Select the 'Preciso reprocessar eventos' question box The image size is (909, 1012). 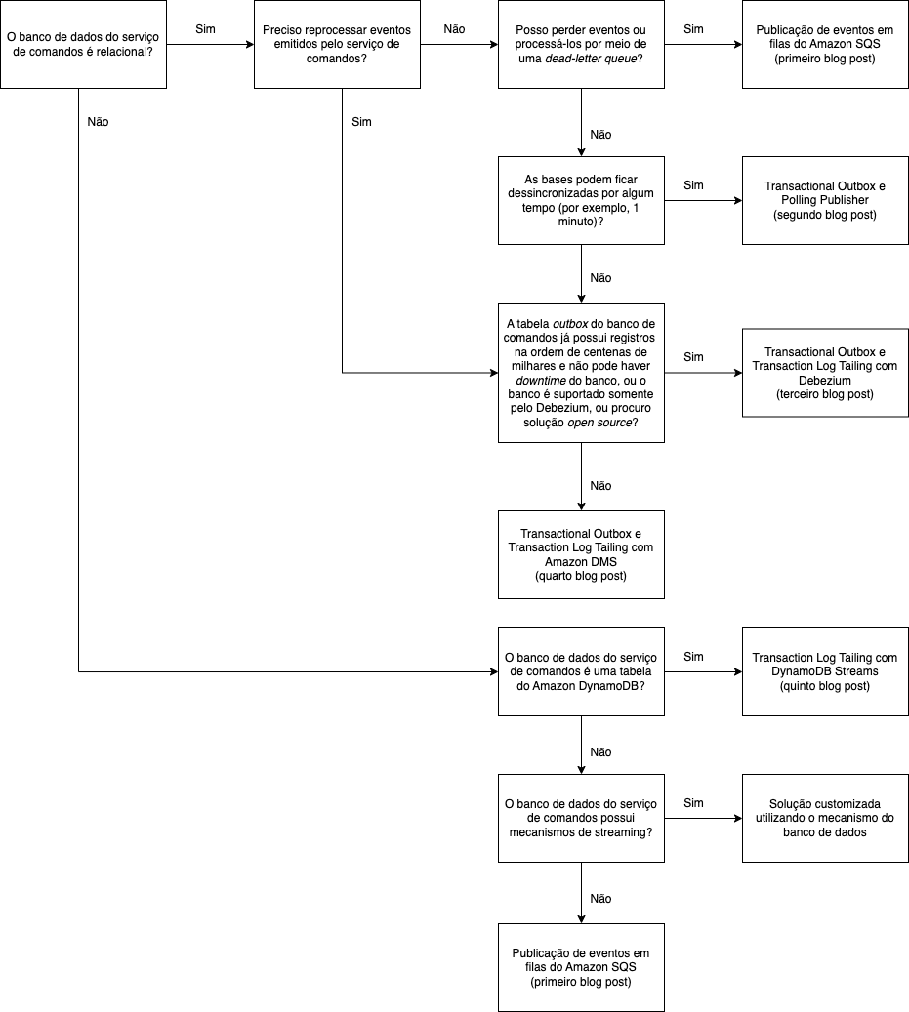point(337,45)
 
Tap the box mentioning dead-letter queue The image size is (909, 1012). point(581,45)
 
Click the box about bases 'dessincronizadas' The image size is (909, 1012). point(581,200)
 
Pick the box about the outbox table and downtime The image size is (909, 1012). point(581,372)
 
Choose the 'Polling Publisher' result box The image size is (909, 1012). point(825,200)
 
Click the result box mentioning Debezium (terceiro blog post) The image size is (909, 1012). point(825,372)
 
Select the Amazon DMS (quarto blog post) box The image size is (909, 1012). point(581,554)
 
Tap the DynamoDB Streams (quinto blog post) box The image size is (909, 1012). point(825,671)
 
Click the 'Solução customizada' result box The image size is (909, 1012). point(825,818)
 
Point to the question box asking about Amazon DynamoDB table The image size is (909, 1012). point(581,671)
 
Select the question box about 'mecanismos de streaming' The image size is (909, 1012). point(581,818)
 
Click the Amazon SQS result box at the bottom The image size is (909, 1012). point(581,967)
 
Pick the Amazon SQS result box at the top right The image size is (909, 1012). point(825,45)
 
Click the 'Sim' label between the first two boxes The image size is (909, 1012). point(205,29)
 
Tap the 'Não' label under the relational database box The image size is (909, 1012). point(98,122)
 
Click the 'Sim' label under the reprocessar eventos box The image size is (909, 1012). point(360,122)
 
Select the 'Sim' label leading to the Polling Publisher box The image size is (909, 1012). point(693,185)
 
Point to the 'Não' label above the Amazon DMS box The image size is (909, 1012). point(601,485)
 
